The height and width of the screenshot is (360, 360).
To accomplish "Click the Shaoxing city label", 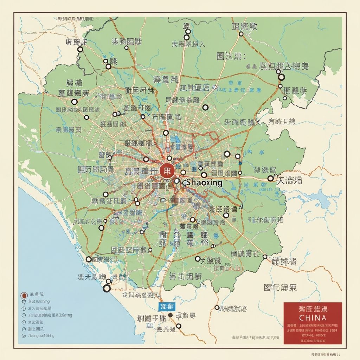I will (204, 182).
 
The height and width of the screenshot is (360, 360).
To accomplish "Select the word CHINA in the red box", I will (313, 317).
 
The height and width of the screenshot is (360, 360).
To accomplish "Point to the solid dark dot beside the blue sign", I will (171, 315).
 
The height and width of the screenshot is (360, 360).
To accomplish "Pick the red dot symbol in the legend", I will (24, 295).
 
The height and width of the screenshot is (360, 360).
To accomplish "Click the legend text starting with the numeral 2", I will (50, 315).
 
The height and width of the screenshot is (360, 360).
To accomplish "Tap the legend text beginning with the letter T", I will (41, 336).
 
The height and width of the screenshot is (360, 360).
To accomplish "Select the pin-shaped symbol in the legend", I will (24, 302).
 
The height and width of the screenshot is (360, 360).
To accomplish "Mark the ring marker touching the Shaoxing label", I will (176, 181).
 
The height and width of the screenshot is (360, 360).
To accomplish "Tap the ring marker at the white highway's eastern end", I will (270, 178).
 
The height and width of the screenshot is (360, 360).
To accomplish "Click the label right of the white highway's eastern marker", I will (289, 181).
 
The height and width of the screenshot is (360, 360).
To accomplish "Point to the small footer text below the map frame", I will (327, 354).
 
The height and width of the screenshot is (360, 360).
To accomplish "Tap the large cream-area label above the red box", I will (280, 288).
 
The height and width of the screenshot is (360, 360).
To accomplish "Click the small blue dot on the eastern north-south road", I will (240, 163).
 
